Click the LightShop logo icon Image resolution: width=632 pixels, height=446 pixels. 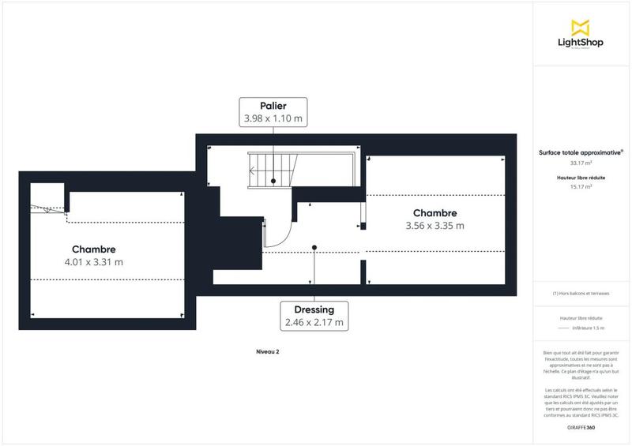581,27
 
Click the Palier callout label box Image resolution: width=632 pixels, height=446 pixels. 273,112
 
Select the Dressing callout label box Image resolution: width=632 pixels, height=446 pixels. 314,316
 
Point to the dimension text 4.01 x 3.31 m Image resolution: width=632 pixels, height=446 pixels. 93,261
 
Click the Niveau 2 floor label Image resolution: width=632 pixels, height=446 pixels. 269,351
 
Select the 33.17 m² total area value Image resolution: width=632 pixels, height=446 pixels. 581,163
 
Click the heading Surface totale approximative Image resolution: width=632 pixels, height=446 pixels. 580,152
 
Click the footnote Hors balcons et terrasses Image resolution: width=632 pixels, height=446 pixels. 581,294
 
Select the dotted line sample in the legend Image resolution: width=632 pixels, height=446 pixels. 563,328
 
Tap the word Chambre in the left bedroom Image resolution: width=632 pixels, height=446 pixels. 93,249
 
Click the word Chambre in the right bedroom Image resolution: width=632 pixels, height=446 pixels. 434,213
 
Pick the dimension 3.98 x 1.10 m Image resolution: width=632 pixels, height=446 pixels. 273,118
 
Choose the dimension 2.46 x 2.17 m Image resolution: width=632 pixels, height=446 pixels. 314,322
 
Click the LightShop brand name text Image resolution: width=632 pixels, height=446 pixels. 581,43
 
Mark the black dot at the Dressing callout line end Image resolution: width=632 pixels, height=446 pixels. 314,248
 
